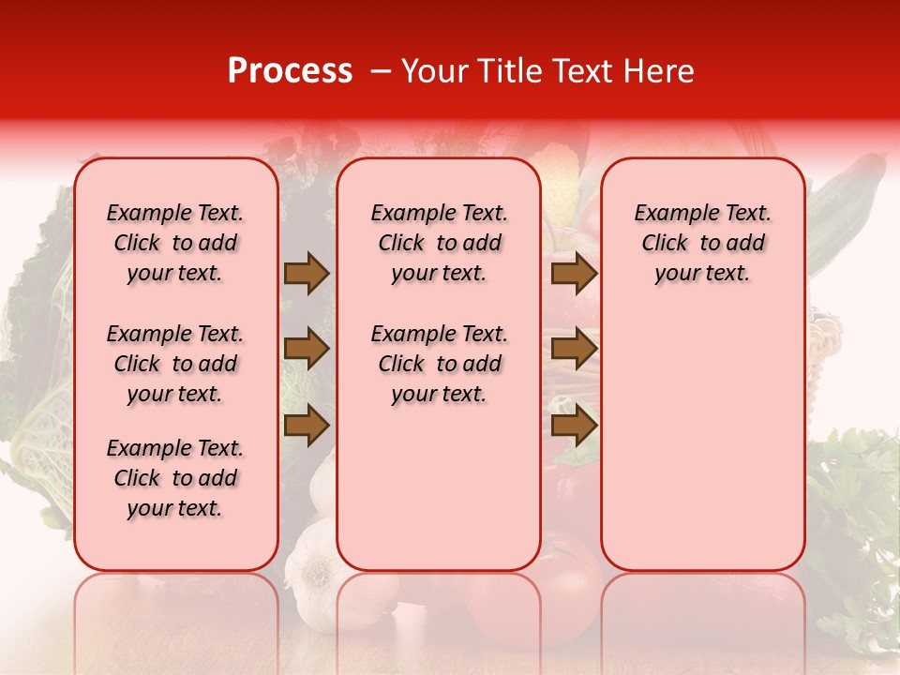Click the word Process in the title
[290, 71]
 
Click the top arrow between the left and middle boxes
[307, 274]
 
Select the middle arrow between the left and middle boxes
[307, 349]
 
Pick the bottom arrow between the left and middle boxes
[307, 425]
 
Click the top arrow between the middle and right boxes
[574, 274]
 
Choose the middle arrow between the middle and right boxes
[574, 349]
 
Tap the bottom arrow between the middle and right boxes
[574, 425]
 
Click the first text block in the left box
[175, 243]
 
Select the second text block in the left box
[175, 364]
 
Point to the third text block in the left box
[175, 478]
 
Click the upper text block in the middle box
[440, 243]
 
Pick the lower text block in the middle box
[440, 364]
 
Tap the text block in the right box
[703, 243]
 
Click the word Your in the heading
[435, 71]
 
